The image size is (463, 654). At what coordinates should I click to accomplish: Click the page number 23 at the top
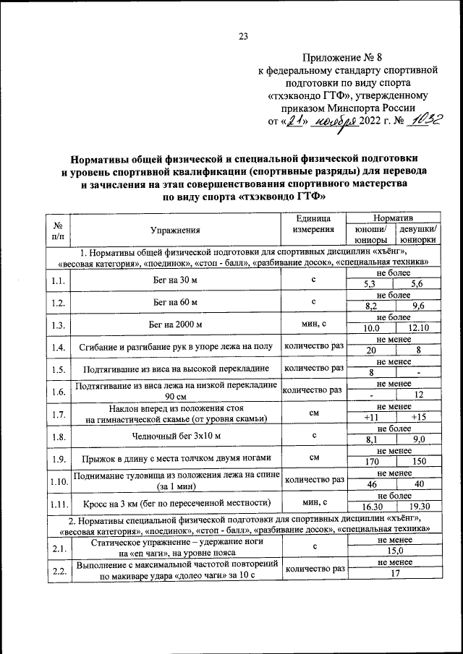(x=243, y=38)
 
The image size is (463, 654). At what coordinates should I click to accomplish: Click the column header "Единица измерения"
(x=313, y=223)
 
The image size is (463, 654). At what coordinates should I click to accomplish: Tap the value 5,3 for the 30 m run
(x=371, y=285)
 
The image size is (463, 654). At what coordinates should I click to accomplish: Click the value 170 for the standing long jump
(x=371, y=463)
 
